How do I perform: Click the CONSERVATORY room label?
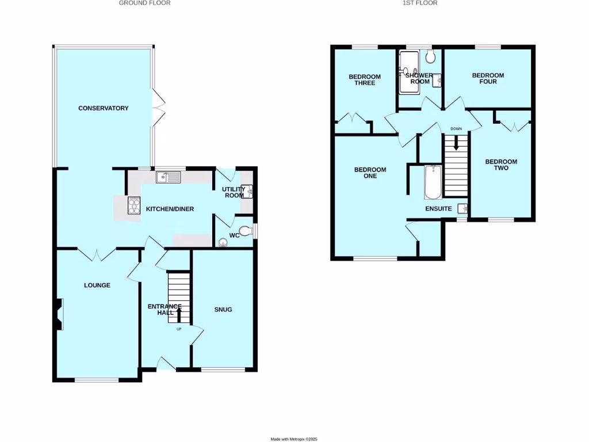pyautogui.click(x=104, y=108)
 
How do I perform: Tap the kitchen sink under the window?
pyautogui.click(x=168, y=177)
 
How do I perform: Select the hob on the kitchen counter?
pyautogui.click(x=134, y=205)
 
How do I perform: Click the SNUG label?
pyautogui.click(x=223, y=310)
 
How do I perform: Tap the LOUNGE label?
pyautogui.click(x=97, y=285)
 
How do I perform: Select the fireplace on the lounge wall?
pyautogui.click(x=60, y=314)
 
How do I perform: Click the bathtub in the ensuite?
pyautogui.click(x=433, y=182)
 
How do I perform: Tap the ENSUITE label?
pyautogui.click(x=438, y=208)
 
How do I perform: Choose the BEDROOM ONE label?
pyautogui.click(x=370, y=173)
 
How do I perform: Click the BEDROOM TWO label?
pyautogui.click(x=501, y=165)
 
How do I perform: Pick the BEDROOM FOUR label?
pyautogui.click(x=488, y=78)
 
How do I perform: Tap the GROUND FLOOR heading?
pyautogui.click(x=144, y=3)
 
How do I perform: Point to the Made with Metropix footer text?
pyautogui.click(x=294, y=439)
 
